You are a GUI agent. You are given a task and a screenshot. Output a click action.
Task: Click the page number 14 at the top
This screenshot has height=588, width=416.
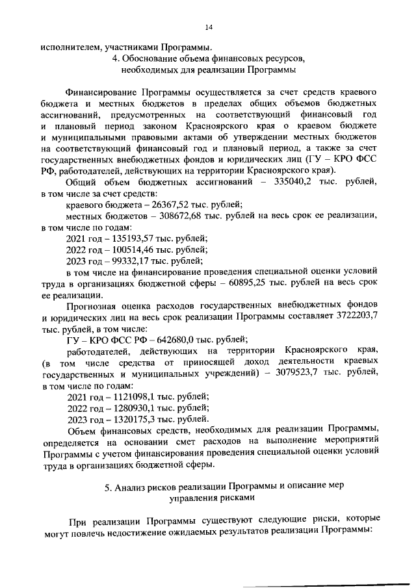(x=209, y=27)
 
